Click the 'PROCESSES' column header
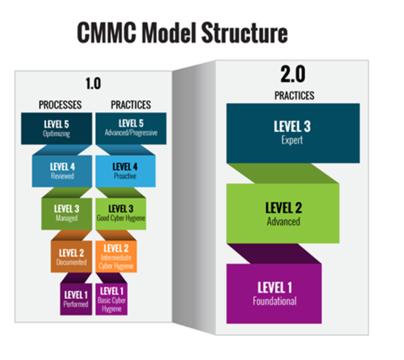coord(60,104)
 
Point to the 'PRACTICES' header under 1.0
coord(130,104)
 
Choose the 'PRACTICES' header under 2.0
coord(293,96)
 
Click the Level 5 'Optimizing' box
coord(57,127)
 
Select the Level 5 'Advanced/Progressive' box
coord(131,127)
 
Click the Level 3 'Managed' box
coord(68,213)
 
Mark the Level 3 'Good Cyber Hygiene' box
coord(122,213)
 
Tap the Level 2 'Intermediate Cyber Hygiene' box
coord(117,254)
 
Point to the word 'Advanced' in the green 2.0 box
coord(284,221)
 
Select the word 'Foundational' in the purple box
coord(275,300)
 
